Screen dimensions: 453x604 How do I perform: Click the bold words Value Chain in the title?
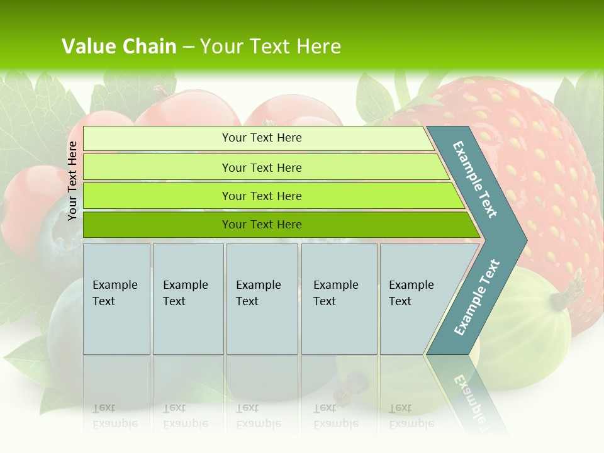[118, 47]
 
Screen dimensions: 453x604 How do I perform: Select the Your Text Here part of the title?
[271, 47]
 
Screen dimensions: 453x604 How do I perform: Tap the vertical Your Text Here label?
[72, 181]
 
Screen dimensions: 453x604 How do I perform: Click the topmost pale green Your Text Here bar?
[261, 138]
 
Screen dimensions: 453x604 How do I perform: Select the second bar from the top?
[261, 167]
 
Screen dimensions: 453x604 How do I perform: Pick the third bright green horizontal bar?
[261, 196]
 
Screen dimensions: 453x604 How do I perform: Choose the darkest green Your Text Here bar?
[261, 225]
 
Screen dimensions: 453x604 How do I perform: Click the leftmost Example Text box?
[116, 299]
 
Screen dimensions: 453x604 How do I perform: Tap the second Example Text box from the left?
[187, 299]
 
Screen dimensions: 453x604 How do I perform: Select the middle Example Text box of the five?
[262, 299]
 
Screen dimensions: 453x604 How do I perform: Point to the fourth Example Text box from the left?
[339, 299]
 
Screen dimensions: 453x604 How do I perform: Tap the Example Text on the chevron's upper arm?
[475, 179]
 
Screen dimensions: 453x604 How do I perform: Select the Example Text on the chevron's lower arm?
[477, 297]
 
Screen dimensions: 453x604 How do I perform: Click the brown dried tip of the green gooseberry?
[574, 292]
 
